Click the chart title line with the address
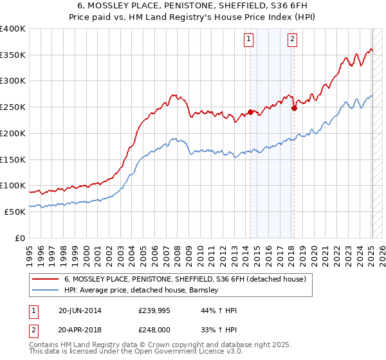(192, 6)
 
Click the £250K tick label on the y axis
(13, 107)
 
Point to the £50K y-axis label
(15, 212)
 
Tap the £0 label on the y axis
(21, 238)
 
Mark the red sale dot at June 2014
(250, 112)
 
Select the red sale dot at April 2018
(294, 108)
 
